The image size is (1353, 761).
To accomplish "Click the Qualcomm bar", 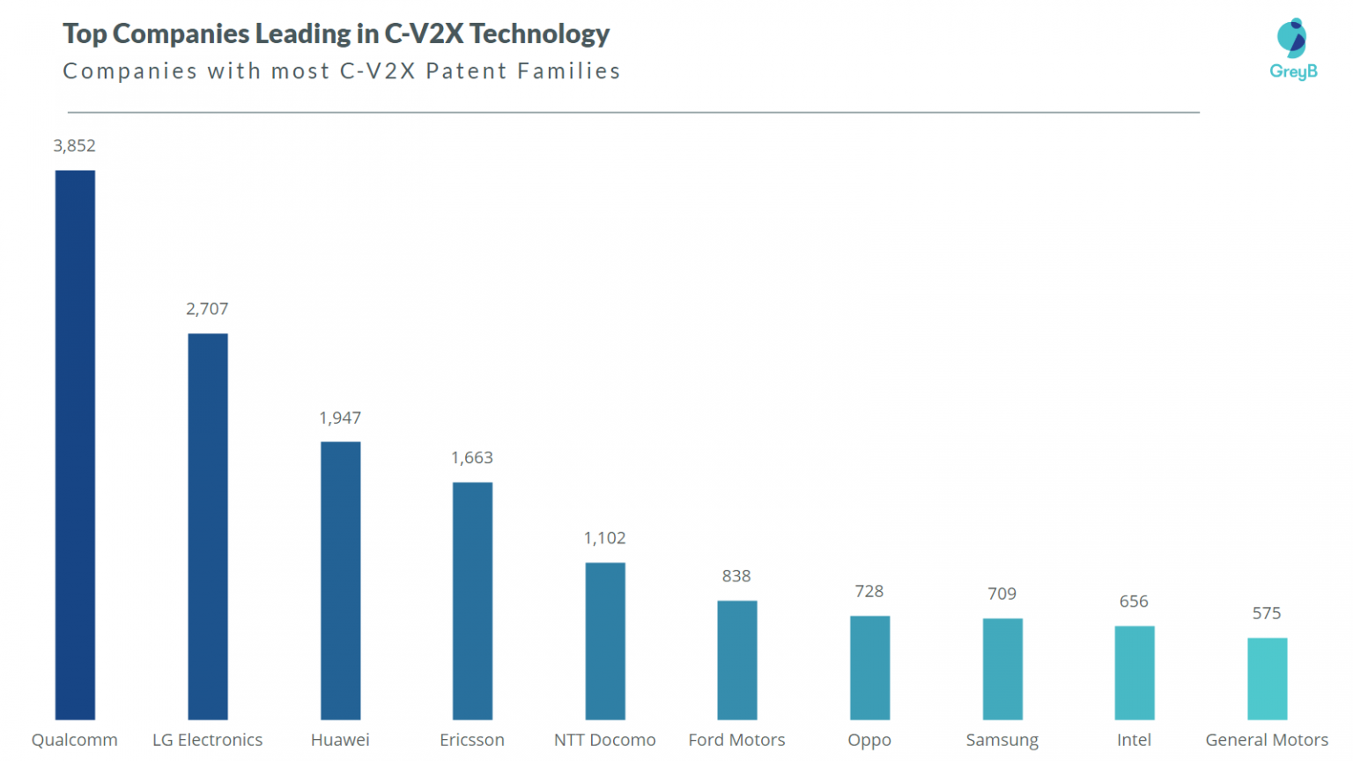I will click(x=75, y=445).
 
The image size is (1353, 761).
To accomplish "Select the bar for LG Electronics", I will click(x=208, y=526).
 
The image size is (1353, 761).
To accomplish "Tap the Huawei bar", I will click(x=340, y=580).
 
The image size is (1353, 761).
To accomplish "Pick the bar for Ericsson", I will click(x=472, y=601).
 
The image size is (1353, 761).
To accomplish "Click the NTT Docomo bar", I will click(x=605, y=640).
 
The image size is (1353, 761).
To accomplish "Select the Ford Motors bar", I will click(x=737, y=660).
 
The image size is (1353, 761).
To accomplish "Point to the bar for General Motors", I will click(x=1267, y=678).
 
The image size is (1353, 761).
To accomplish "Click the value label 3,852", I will click(x=75, y=146).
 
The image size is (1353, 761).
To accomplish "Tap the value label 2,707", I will click(x=207, y=309).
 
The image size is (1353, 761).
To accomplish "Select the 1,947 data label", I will click(x=340, y=418).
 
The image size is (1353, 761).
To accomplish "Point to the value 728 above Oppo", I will click(x=869, y=592).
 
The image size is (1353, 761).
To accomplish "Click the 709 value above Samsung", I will click(x=1002, y=595).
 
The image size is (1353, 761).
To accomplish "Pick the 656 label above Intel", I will click(x=1134, y=602).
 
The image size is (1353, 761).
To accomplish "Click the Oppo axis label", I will click(x=869, y=740).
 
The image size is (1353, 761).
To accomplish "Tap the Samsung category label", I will click(x=1002, y=740).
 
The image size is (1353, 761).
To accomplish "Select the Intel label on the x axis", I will click(x=1134, y=740).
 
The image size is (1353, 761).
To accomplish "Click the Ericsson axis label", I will click(x=472, y=740).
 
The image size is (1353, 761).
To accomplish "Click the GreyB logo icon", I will click(x=1292, y=39).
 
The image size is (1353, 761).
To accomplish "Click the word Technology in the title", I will click(x=539, y=33).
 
